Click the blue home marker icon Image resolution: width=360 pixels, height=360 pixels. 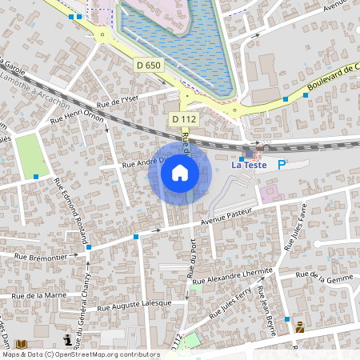click(179, 173)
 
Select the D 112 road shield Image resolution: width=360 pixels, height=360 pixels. click(183, 119)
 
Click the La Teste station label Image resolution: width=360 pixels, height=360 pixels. click(247, 166)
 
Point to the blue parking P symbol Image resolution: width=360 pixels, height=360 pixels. click(281, 165)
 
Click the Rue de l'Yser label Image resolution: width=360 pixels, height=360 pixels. click(118, 100)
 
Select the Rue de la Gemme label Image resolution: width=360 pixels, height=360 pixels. click(324, 276)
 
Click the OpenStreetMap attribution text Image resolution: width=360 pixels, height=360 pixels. click(80, 354)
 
